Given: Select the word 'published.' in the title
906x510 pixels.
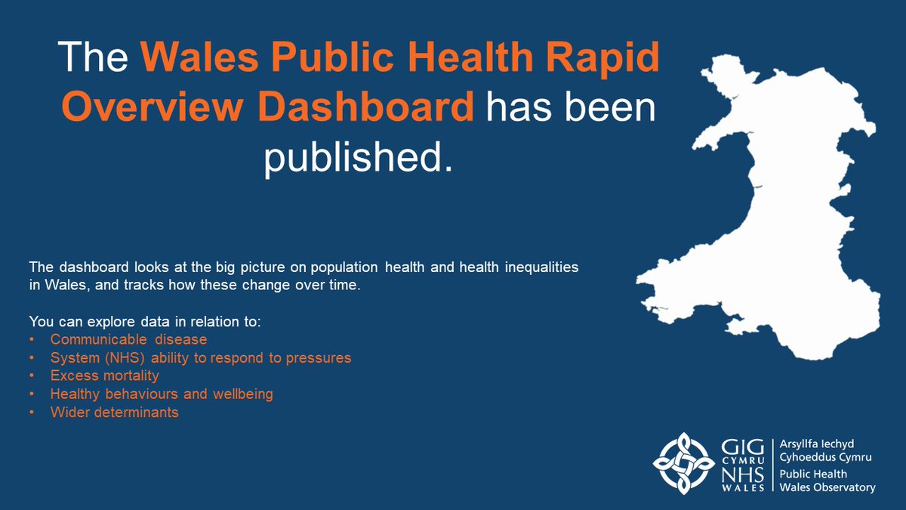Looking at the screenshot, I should [x=359, y=158].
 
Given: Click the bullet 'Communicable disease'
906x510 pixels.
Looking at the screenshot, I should [x=128, y=340].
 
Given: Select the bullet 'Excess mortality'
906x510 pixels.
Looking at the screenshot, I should [x=104, y=376].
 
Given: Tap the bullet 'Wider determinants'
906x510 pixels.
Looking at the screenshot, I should [x=114, y=413].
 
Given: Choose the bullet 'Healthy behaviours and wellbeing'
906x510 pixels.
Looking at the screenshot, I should [x=162, y=394].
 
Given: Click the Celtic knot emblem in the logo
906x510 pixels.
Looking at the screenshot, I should [x=683, y=462].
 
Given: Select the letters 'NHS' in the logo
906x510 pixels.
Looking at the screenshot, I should [x=745, y=474].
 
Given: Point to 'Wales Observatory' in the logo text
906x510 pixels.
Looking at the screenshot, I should [x=828, y=487].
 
